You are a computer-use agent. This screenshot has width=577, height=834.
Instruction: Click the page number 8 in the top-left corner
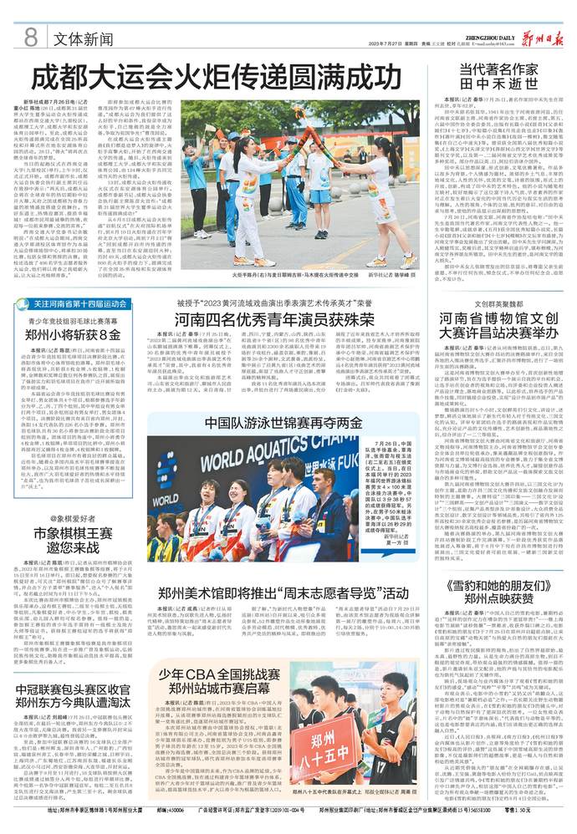click(x=31, y=37)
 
